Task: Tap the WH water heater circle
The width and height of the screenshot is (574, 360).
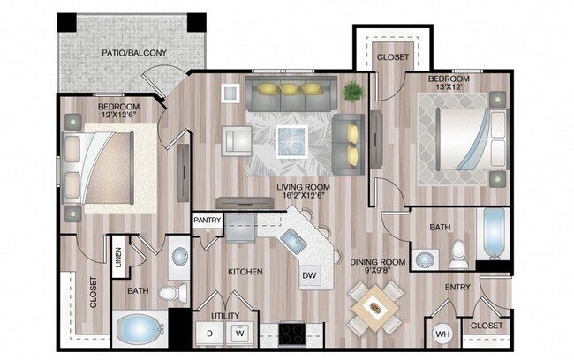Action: click(443, 335)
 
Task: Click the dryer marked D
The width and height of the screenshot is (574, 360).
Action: click(210, 334)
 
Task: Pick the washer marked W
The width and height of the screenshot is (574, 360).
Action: click(238, 334)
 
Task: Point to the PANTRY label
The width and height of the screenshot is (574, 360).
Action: click(208, 221)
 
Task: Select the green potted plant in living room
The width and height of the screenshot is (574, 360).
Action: click(354, 91)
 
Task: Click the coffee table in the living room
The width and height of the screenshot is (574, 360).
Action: click(291, 139)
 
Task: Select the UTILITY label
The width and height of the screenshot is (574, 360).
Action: click(224, 315)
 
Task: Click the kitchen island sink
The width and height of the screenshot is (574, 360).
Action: click(291, 238)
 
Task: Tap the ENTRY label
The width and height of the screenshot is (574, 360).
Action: click(457, 287)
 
